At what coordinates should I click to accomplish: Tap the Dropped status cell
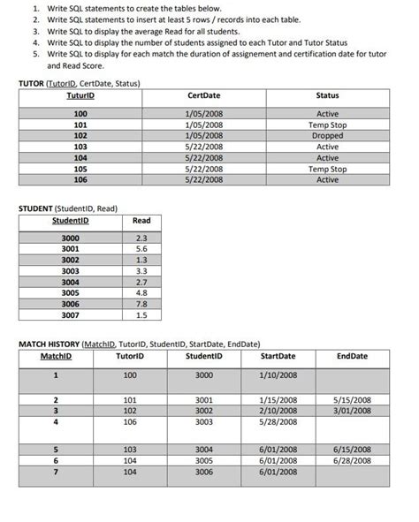(327, 136)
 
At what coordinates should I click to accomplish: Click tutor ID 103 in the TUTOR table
(80, 147)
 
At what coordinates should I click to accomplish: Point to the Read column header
(141, 221)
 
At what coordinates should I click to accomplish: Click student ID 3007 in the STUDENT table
(70, 314)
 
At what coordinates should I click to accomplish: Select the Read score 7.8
(141, 303)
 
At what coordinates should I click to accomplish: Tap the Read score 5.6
(141, 249)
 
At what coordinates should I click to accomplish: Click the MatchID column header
(56, 356)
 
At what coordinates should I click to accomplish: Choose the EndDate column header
(352, 356)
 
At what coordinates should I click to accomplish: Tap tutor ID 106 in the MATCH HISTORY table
(130, 421)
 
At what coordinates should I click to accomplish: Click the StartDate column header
(278, 356)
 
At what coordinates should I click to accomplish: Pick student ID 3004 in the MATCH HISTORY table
(204, 449)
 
